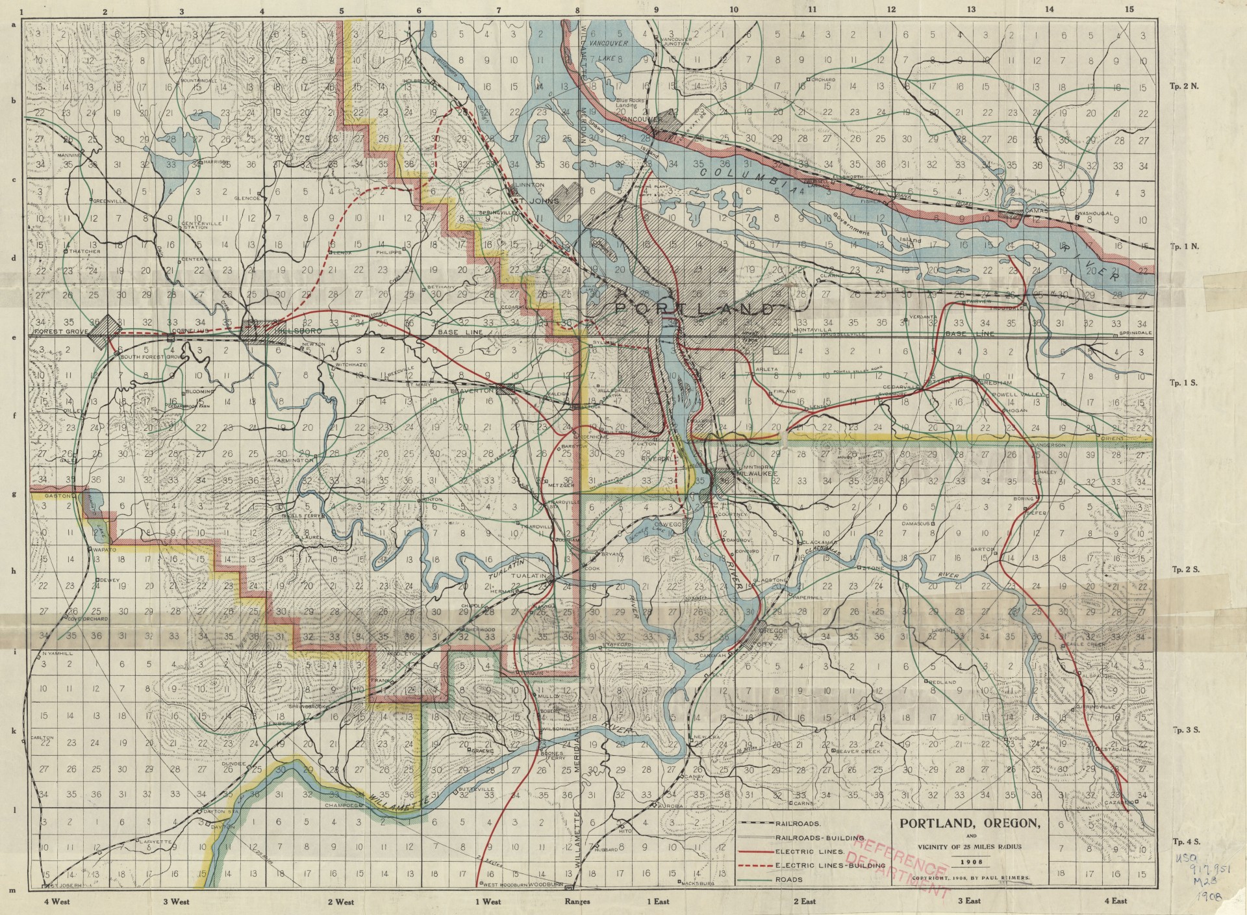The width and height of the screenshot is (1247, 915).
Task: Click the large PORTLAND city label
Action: [694, 309]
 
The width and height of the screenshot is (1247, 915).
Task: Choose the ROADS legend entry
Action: [788, 880]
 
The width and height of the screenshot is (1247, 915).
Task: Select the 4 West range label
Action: [57, 901]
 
